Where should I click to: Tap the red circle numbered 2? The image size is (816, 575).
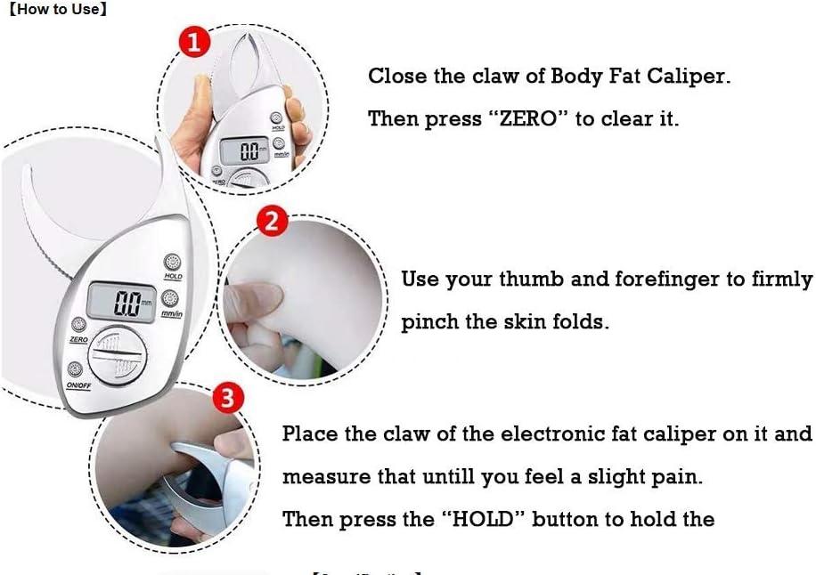[x=273, y=220]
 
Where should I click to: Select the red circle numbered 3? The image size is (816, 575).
[x=228, y=397]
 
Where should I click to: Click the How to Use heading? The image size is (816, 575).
[x=58, y=11]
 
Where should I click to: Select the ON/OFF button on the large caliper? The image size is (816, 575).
[x=75, y=369]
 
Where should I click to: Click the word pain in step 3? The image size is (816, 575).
[x=677, y=477]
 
